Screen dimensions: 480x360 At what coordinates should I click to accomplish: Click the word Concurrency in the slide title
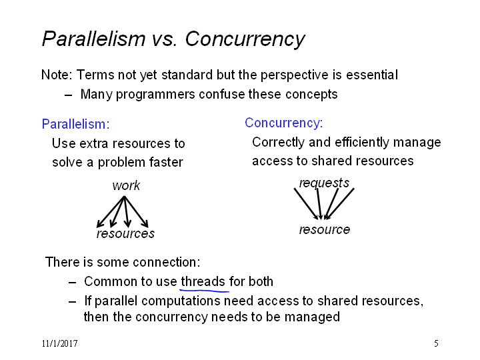(x=245, y=39)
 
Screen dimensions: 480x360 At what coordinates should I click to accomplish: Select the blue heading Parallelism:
(x=75, y=124)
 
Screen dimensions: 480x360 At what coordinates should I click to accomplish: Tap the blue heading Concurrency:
(x=284, y=123)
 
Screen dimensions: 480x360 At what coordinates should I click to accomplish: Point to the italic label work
(x=126, y=185)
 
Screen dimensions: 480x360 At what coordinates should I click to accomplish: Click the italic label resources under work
(x=125, y=233)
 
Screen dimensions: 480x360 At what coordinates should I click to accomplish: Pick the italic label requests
(x=324, y=183)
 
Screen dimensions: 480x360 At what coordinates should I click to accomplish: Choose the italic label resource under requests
(x=325, y=229)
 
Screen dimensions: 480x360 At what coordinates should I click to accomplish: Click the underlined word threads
(x=203, y=281)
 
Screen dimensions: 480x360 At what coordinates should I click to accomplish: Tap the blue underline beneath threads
(x=205, y=289)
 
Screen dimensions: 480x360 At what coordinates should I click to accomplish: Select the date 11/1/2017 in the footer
(x=60, y=343)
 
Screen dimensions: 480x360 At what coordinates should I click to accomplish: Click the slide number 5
(x=436, y=343)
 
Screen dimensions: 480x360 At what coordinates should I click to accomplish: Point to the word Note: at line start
(x=57, y=75)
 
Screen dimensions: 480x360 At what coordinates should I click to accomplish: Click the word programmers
(x=155, y=94)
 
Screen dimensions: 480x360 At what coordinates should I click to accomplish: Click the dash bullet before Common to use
(x=72, y=282)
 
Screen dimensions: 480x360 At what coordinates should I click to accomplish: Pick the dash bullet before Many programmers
(x=69, y=95)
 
